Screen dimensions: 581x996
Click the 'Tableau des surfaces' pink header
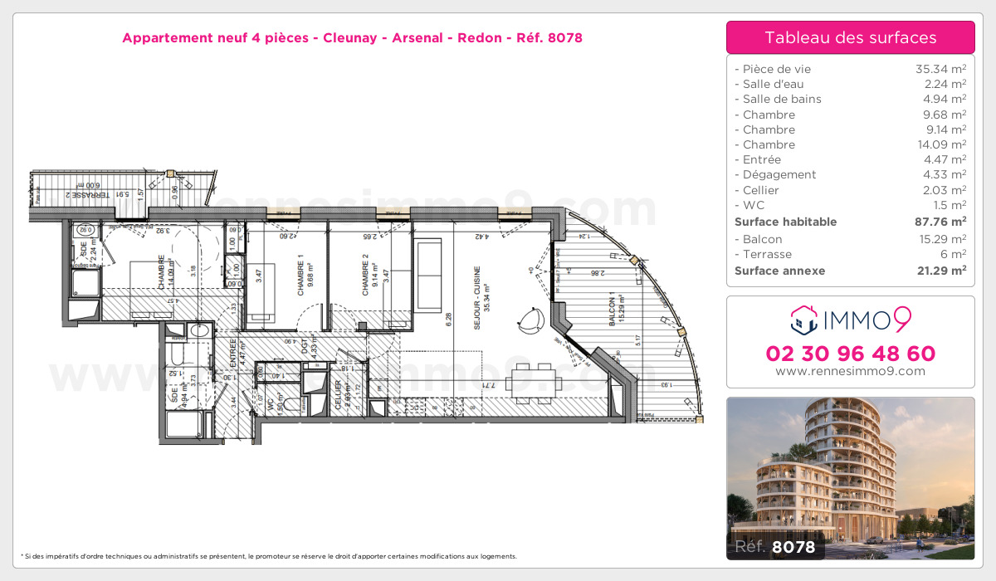point(850,37)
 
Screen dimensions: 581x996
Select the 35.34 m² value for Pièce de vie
point(940,69)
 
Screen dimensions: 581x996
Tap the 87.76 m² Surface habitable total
point(940,222)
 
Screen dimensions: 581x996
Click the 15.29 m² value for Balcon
point(940,239)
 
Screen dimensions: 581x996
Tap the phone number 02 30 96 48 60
point(850,354)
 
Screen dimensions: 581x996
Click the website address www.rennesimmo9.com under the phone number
point(850,371)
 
